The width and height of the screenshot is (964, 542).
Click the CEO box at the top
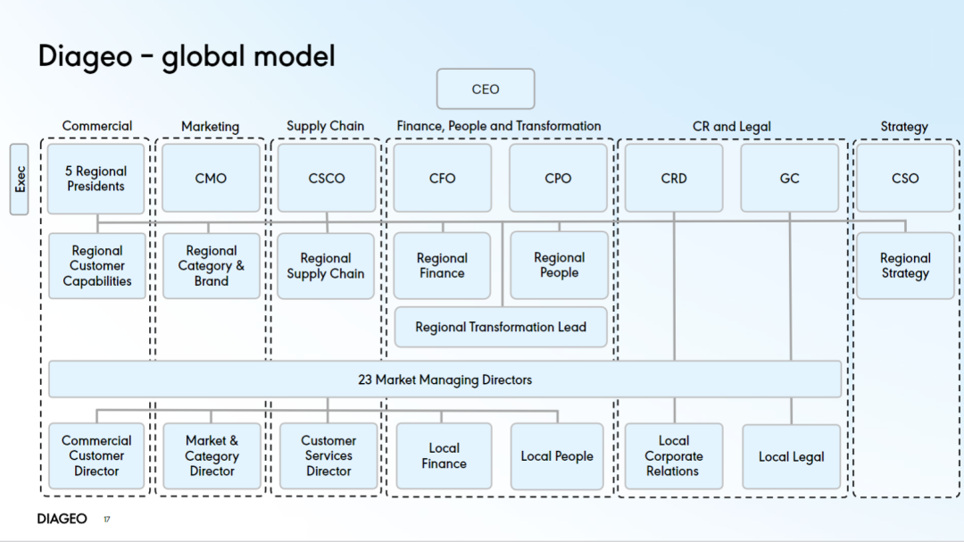tap(485, 88)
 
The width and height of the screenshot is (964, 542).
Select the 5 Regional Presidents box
tap(96, 179)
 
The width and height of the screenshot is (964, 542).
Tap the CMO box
tap(211, 179)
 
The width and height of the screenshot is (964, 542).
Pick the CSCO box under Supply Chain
tap(327, 179)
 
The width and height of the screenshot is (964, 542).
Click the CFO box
tap(442, 179)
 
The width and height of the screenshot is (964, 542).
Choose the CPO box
tap(558, 179)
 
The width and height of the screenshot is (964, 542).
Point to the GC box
tap(789, 179)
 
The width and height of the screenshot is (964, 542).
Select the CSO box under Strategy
tap(905, 179)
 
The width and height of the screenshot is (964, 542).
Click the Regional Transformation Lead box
tap(501, 327)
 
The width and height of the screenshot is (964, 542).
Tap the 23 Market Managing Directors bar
tap(445, 379)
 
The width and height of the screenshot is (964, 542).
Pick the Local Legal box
tap(791, 456)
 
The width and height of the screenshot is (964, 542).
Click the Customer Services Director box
tap(328, 456)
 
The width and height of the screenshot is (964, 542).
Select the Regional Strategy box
tap(905, 266)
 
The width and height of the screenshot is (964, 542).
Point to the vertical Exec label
tap(19, 179)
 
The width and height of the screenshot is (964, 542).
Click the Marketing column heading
tap(211, 126)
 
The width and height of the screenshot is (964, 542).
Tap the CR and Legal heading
tap(732, 126)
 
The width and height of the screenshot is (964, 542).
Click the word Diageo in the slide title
tap(86, 56)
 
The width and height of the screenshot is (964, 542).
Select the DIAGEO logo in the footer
tap(62, 519)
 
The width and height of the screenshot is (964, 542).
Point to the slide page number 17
tap(107, 520)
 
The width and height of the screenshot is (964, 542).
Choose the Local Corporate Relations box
tap(674, 456)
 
